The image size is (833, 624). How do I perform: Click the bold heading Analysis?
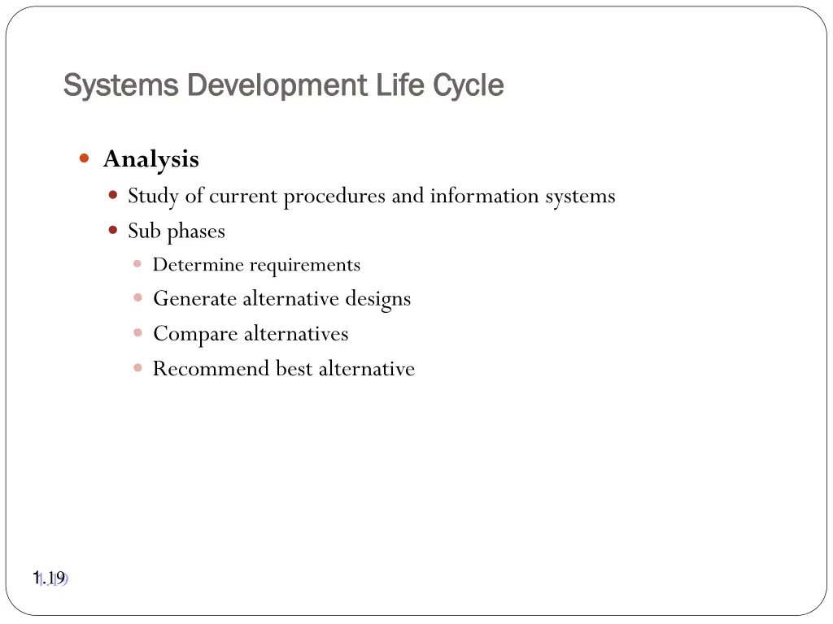pyautogui.click(x=150, y=159)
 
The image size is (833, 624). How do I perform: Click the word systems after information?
pyautogui.click(x=580, y=197)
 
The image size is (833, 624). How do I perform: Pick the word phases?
pyautogui.click(x=196, y=232)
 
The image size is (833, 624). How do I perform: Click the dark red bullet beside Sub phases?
pyautogui.click(x=113, y=230)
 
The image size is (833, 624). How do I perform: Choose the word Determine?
pyautogui.click(x=198, y=265)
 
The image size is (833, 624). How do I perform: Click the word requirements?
pyautogui.click(x=304, y=266)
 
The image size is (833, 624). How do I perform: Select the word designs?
pyautogui.click(x=377, y=300)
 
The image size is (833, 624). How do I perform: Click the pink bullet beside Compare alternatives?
pyautogui.click(x=137, y=333)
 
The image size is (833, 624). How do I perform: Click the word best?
pyautogui.click(x=294, y=369)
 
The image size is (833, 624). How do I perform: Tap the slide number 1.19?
pyautogui.click(x=50, y=578)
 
